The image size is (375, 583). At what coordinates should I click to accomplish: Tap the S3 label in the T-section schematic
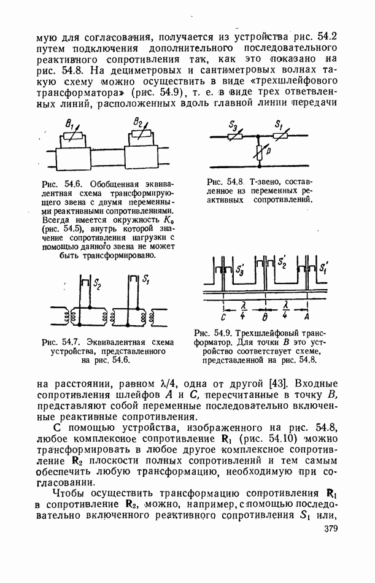click(234, 126)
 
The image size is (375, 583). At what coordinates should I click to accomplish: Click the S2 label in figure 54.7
click(97, 284)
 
